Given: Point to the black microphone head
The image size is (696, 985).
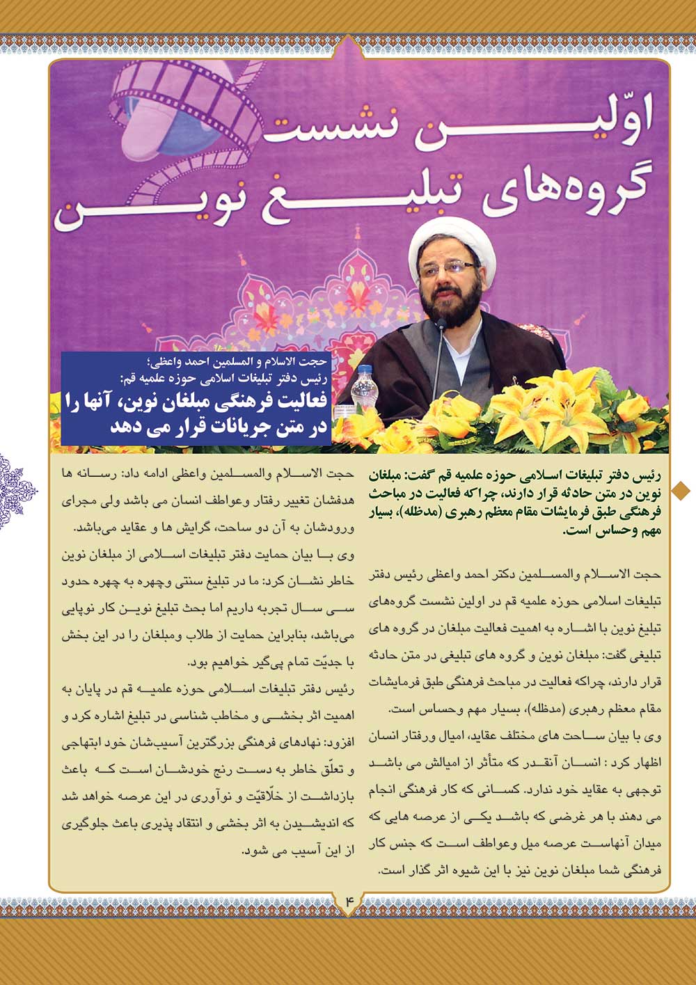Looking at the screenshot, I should click(441, 324).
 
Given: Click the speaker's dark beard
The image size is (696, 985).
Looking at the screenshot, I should click(452, 300).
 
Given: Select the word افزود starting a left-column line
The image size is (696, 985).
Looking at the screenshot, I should click(340, 743).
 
